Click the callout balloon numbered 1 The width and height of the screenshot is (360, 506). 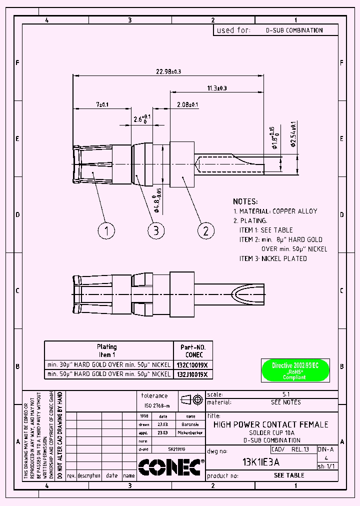[106, 230]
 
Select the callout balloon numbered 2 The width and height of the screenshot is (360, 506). [206, 230]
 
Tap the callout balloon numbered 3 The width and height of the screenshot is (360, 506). [156, 230]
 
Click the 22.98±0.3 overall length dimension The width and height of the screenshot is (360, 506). [168, 72]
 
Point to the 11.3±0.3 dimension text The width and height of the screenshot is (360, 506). [217, 88]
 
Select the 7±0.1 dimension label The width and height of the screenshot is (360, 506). [102, 104]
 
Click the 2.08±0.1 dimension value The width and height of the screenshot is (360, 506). [187, 104]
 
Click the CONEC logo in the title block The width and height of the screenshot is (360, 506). [169, 467]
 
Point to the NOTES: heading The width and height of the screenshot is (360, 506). [245, 201]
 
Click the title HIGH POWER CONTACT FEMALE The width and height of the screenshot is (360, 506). [270, 424]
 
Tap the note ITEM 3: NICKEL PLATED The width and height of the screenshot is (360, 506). [273, 258]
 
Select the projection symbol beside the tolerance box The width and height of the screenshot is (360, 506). [192, 399]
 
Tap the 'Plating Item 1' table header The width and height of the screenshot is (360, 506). [106, 349]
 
